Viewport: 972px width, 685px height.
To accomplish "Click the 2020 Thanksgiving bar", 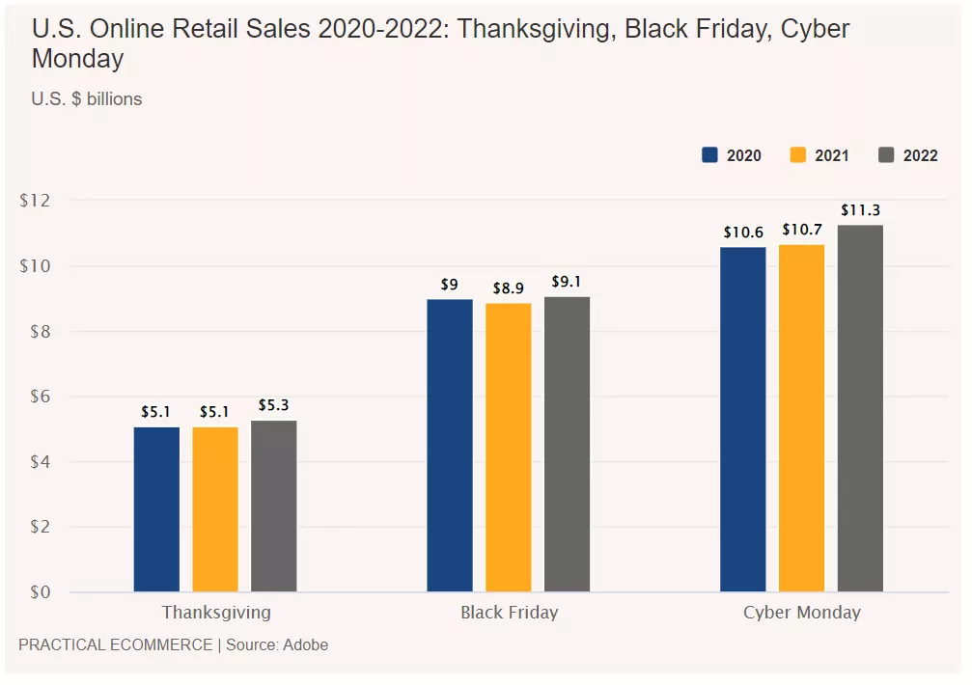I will click(156, 509).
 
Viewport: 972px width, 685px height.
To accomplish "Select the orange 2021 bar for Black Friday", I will click(509, 447).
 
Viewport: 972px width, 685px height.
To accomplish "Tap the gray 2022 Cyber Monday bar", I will click(860, 408).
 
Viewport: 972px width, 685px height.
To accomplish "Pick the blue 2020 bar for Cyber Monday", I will click(743, 420).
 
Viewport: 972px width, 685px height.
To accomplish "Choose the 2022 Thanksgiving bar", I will click(274, 506).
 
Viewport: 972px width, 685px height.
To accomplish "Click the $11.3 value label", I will click(860, 210).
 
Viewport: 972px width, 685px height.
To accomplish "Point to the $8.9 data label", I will click(509, 288).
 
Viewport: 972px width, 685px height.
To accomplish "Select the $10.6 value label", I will click(743, 233).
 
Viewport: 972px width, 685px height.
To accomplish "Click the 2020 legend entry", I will click(732, 155).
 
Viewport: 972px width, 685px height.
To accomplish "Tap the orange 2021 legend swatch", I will click(798, 155).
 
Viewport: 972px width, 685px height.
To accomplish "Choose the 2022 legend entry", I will click(908, 155).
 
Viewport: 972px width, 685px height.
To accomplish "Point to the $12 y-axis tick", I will click(34, 201).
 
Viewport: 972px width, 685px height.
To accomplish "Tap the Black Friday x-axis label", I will click(509, 613).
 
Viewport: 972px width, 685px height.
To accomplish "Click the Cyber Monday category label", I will click(801, 613).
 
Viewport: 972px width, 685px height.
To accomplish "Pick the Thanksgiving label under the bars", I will click(216, 613).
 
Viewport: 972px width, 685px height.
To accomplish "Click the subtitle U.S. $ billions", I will click(87, 98).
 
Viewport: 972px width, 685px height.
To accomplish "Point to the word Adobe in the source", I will click(305, 644).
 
